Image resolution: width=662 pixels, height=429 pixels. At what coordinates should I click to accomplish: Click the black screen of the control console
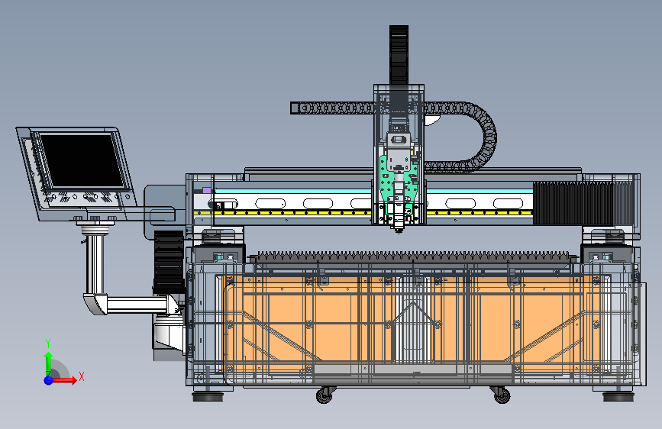pyautogui.click(x=82, y=160)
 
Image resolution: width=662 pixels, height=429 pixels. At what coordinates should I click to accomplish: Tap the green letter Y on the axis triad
pyautogui.click(x=48, y=343)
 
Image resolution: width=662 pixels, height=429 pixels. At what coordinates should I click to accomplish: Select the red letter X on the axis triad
pyautogui.click(x=82, y=376)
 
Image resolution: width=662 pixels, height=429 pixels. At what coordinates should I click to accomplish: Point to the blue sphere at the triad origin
pyautogui.click(x=49, y=380)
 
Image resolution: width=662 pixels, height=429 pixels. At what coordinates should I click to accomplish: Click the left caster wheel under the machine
pyautogui.click(x=325, y=395)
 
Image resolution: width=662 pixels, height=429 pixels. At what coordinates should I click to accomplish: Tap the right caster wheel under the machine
pyautogui.click(x=502, y=395)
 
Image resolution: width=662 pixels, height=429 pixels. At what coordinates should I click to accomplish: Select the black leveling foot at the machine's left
pyautogui.click(x=208, y=396)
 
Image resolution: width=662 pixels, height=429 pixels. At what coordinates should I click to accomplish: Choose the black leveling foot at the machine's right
pyautogui.click(x=618, y=396)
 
